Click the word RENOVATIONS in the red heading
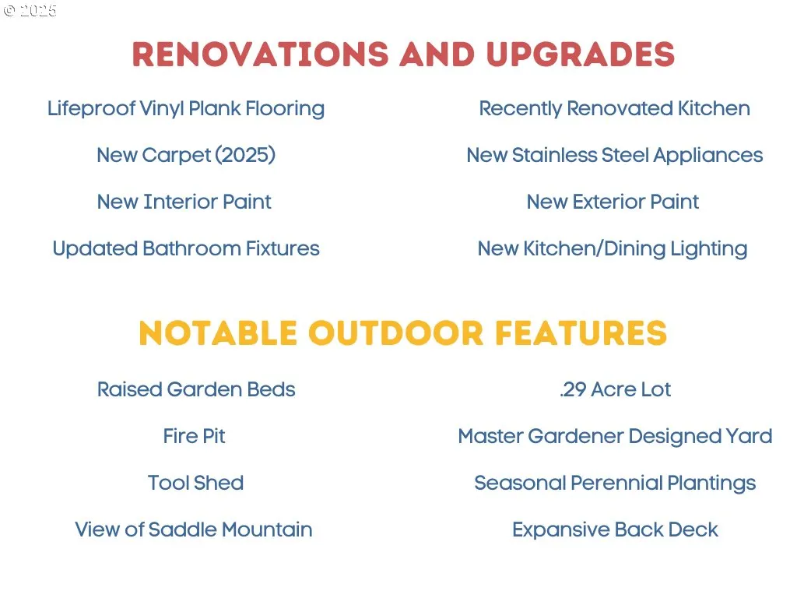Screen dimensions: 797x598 (260, 54)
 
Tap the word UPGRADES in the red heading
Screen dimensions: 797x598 (581, 54)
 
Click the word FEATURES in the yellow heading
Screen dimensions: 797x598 (581, 333)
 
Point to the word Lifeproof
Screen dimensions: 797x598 (91, 109)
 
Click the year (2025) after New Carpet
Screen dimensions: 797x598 (245, 155)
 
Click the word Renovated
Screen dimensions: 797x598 (620, 108)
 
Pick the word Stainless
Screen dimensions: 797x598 (554, 155)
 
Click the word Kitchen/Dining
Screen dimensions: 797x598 (594, 249)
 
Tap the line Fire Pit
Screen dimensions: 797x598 (194, 436)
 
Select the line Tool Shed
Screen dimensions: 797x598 (195, 483)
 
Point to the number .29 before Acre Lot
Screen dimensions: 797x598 (573, 389)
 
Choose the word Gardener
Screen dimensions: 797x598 (576, 436)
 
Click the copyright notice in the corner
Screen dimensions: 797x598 (30, 11)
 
